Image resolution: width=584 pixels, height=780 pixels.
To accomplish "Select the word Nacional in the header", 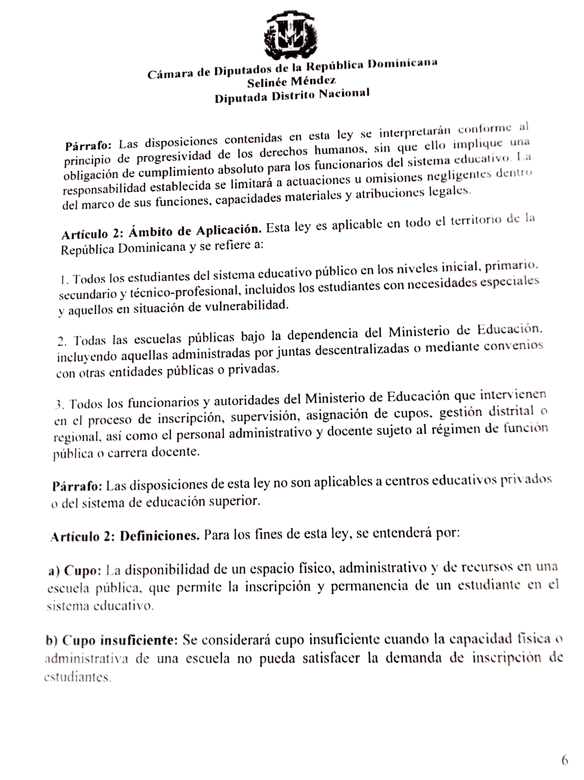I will (x=344, y=94).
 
